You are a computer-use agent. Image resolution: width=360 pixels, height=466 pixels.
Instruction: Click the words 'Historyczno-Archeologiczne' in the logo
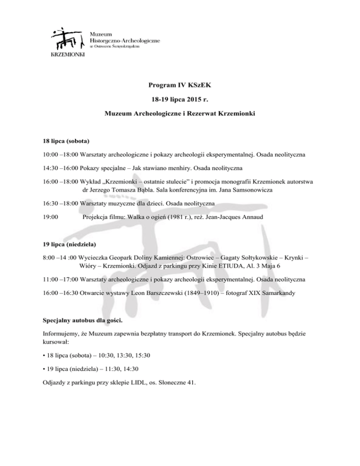(x=124, y=41)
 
